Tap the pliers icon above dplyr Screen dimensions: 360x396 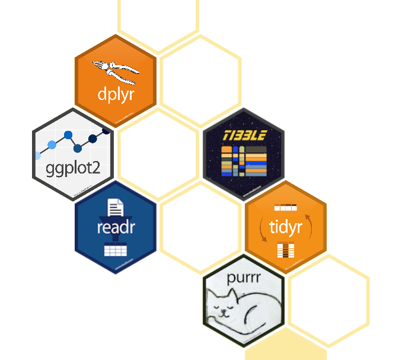tap(116, 70)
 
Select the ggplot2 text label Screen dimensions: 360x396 tap(73, 169)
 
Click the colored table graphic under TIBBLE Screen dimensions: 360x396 tap(244, 161)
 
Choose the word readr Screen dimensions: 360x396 tap(116, 227)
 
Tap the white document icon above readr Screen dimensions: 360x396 tap(116, 208)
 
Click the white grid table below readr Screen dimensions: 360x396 tap(116, 249)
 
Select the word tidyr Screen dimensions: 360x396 tap(286, 227)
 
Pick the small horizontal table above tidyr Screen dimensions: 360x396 tap(285, 208)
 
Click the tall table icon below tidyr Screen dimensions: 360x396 tap(286, 250)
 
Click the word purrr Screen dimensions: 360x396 tap(244, 277)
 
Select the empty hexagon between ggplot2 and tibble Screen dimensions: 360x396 tap(158, 153)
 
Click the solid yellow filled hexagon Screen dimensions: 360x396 tap(285, 349)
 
